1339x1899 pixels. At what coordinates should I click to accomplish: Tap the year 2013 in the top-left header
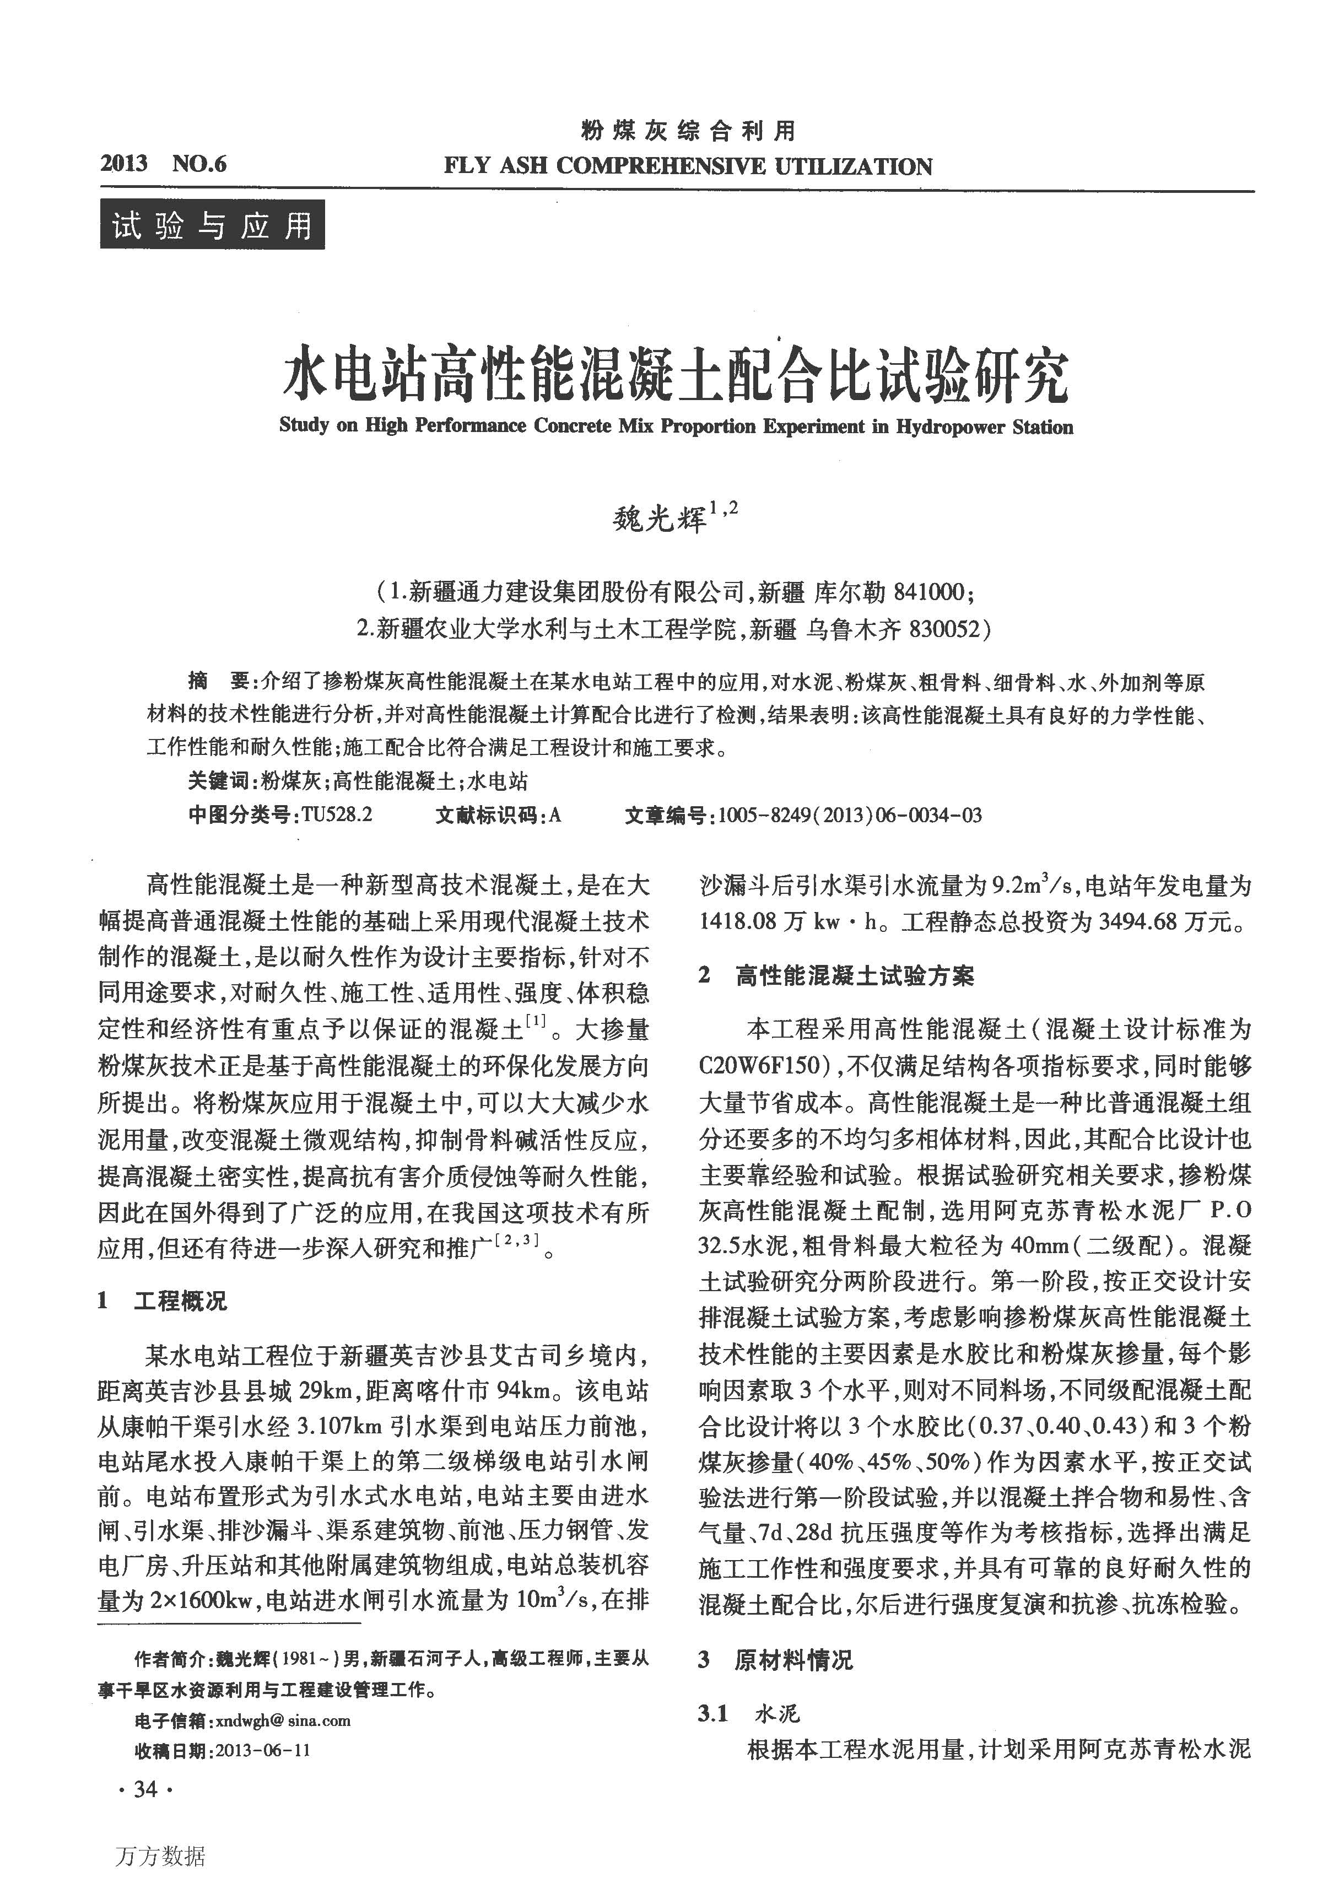[124, 163]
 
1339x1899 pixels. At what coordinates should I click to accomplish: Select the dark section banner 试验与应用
[213, 225]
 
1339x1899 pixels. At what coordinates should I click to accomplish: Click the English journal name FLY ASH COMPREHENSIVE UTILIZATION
[687, 166]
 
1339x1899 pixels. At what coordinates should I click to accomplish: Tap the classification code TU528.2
[337, 814]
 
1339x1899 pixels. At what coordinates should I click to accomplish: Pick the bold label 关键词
[218, 781]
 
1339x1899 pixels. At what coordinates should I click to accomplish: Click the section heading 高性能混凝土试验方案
[854, 976]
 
